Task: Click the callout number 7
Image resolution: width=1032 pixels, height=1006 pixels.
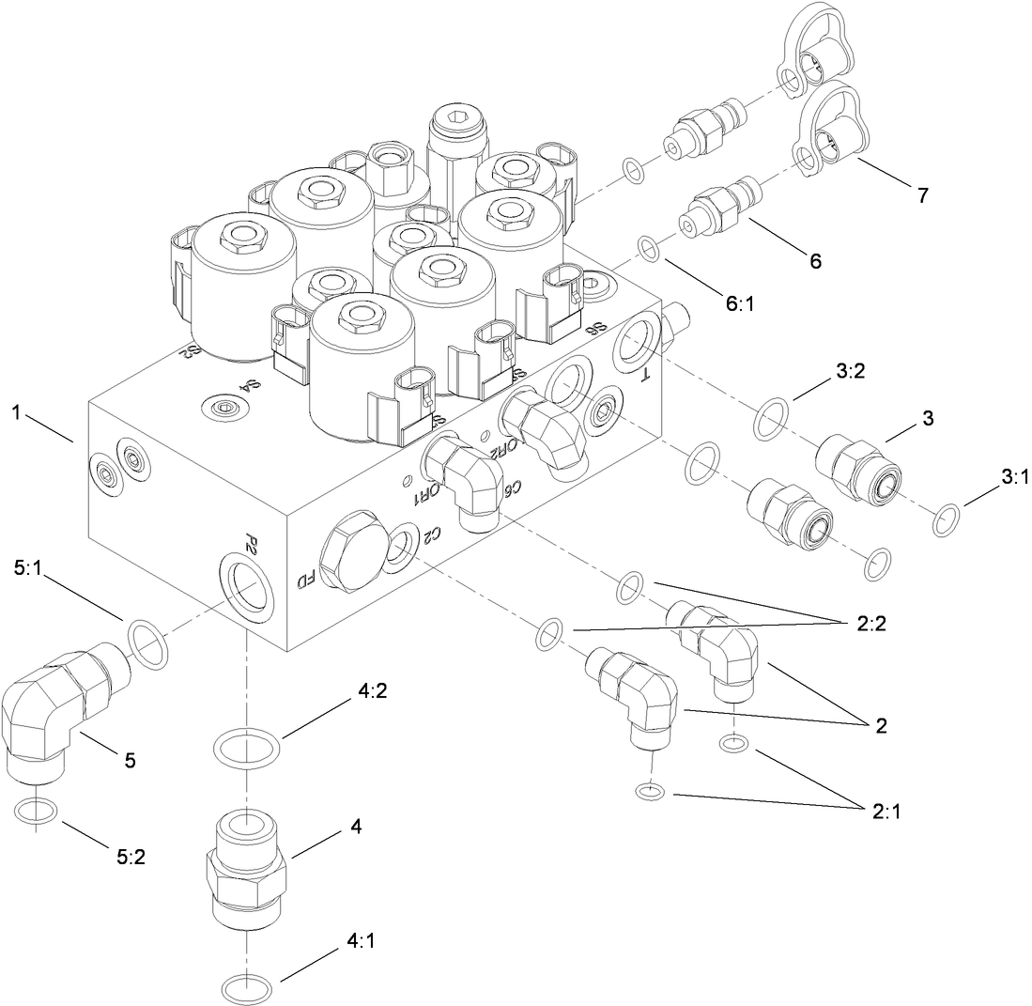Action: click(x=922, y=195)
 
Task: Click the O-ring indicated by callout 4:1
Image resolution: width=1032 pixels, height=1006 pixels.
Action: click(x=248, y=988)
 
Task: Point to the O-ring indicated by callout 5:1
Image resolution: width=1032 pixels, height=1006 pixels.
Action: click(x=146, y=643)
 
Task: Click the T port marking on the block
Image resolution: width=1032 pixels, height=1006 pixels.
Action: click(x=645, y=376)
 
